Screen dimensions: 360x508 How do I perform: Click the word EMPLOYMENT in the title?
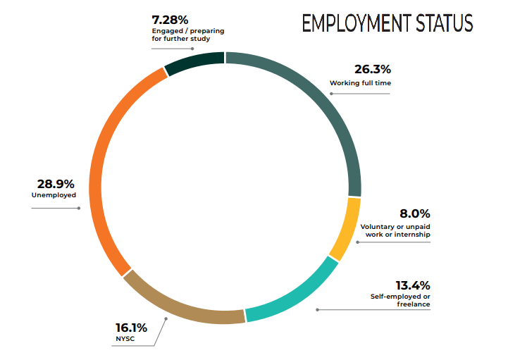(354, 23)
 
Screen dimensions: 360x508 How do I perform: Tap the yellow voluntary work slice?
(346, 229)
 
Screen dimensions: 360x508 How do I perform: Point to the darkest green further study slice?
(194, 63)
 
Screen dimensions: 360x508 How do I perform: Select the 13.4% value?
(412, 285)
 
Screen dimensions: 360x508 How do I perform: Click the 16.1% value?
(131, 328)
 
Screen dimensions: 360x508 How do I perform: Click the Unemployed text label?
(54, 195)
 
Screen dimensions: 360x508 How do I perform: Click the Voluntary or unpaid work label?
(395, 230)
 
